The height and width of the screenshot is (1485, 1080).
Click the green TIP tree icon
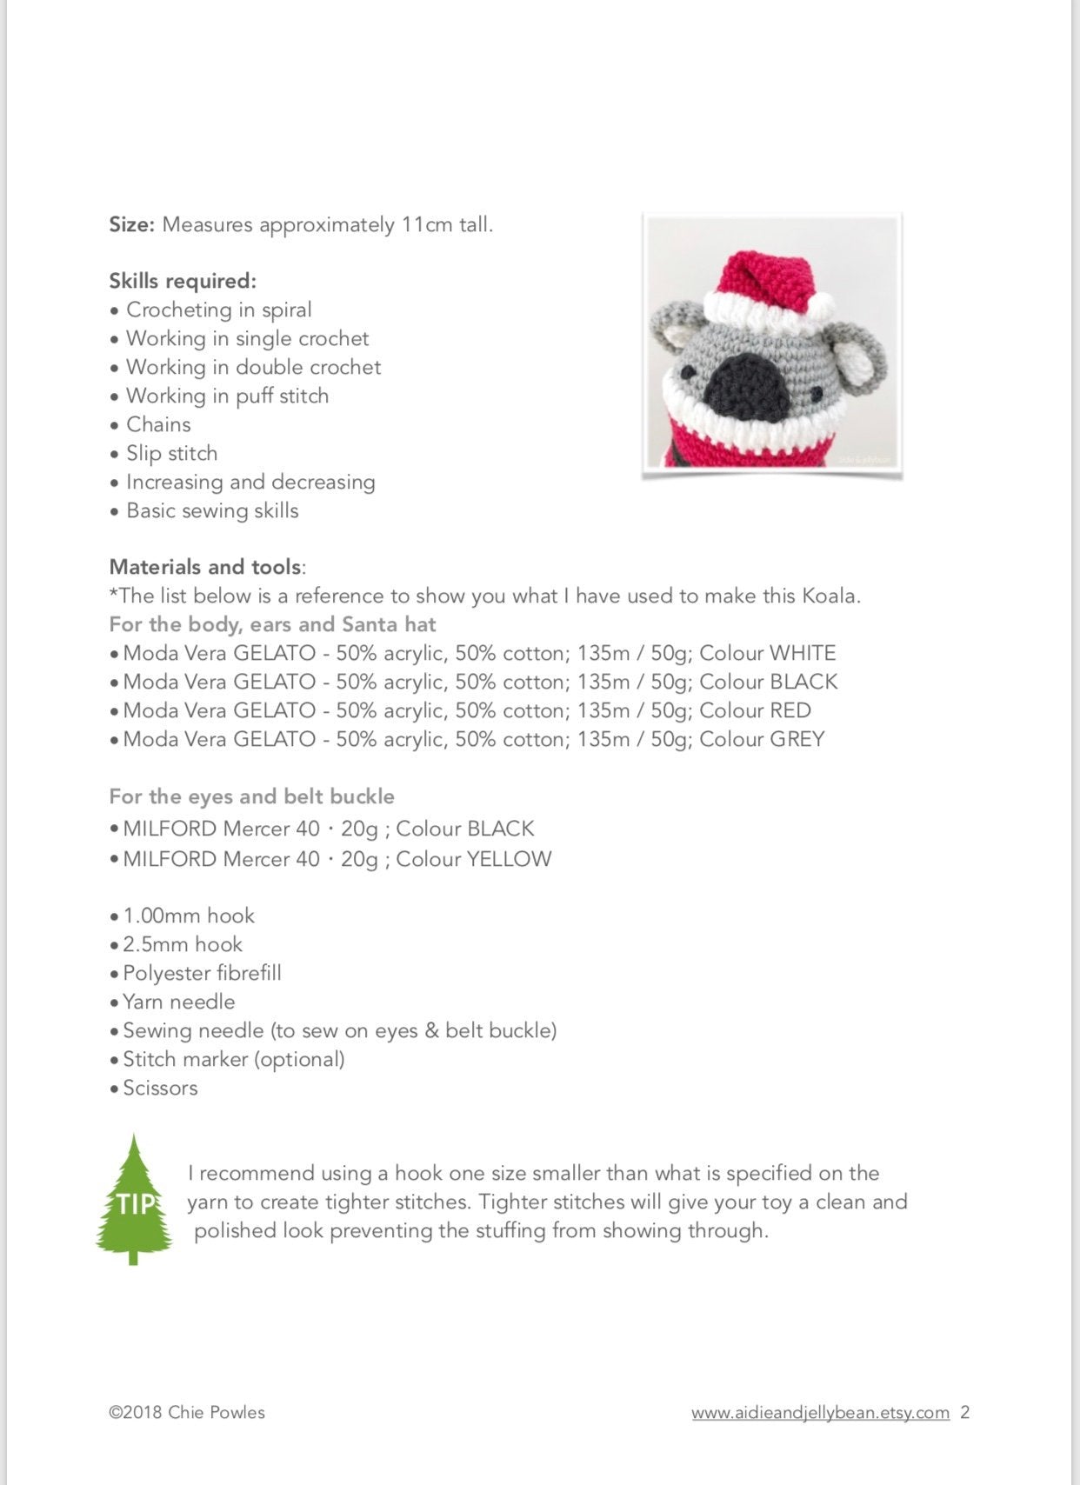133,1199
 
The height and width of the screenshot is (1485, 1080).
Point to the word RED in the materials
790,710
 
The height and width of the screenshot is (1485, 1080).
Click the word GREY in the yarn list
797,739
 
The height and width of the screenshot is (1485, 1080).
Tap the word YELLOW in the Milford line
509,859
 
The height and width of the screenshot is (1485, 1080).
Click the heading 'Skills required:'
183,281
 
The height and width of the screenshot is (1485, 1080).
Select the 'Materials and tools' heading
205,567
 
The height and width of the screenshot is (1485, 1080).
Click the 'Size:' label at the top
131,224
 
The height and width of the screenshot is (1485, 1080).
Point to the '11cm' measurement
427,224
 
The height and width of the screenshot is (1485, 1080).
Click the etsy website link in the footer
820,1412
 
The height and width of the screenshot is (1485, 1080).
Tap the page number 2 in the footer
964,1412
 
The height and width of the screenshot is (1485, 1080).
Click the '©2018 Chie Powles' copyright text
187,1412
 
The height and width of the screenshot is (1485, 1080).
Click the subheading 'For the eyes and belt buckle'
251,796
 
